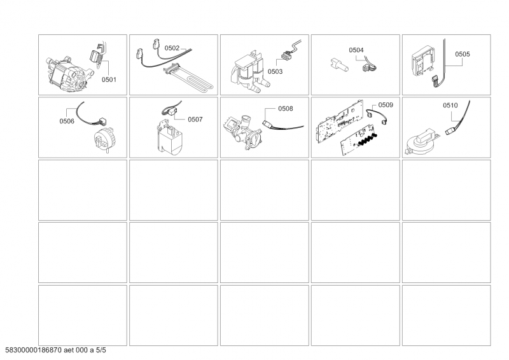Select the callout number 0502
[x=172, y=48]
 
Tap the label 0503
[x=275, y=72]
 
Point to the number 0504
[x=356, y=49]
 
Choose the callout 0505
[x=463, y=55]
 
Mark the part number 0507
[x=195, y=118]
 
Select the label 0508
[x=285, y=109]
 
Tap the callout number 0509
[x=386, y=104]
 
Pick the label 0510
[x=450, y=104]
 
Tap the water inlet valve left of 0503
[x=248, y=70]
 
